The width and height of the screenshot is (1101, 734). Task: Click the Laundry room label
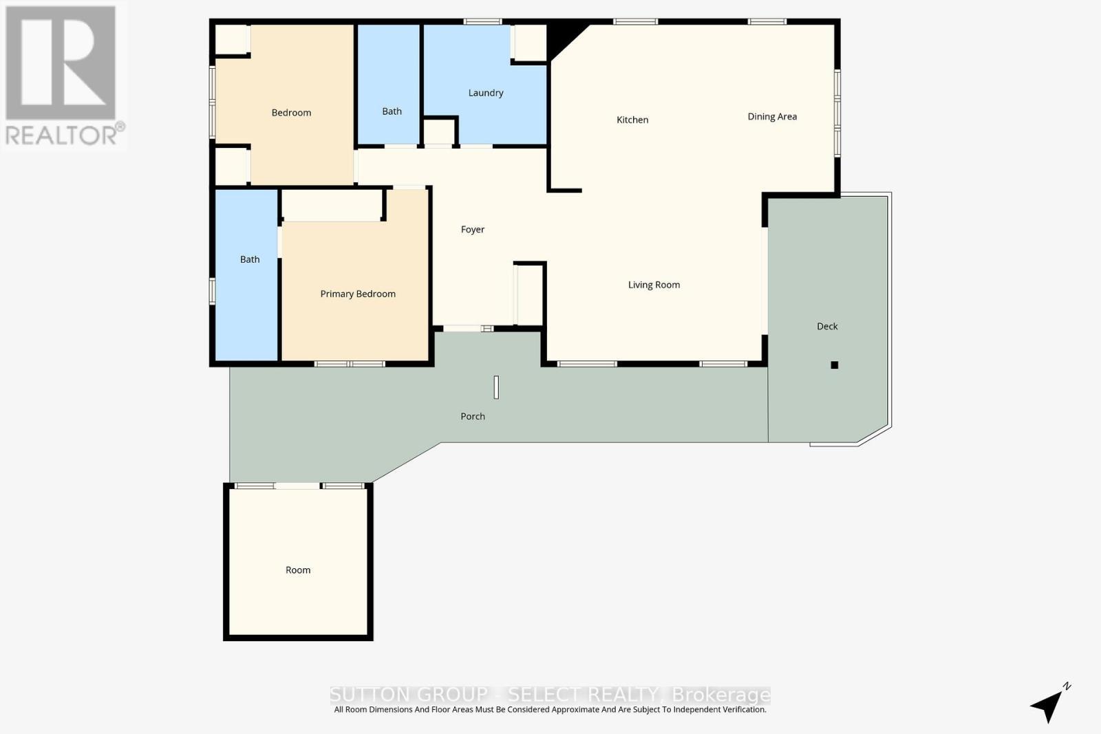coord(486,93)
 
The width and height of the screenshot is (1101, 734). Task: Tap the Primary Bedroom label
coord(358,294)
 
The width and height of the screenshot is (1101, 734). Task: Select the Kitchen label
coord(632,120)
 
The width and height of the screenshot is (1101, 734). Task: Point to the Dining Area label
coord(772,117)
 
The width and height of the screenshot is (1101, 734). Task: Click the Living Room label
coord(654,285)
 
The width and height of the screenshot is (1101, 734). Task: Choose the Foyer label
coord(473,230)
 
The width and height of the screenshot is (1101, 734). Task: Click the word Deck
coord(827,326)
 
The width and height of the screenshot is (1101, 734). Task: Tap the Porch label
coord(473,416)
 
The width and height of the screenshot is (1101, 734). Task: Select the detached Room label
coord(298,570)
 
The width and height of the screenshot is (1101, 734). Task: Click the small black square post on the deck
coord(835,365)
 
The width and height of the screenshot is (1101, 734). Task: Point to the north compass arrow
coord(1049,704)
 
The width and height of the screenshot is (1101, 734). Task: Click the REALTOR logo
coord(62,76)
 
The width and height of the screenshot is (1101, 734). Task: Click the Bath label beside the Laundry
coord(392,111)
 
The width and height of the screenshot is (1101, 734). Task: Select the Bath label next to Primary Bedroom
coord(250,259)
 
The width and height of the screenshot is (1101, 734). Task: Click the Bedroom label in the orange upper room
coord(291,113)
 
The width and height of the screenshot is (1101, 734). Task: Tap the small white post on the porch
coord(496,387)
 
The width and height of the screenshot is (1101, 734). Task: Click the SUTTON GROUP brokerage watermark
coord(550,694)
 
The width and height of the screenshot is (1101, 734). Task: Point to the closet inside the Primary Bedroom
coord(332,205)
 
